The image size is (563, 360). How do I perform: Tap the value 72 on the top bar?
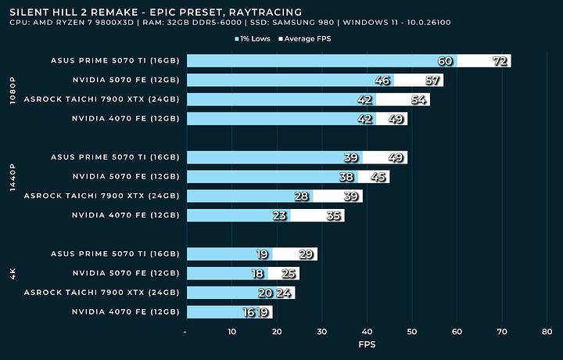click(500, 61)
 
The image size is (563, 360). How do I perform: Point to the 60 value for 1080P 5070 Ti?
click(446, 61)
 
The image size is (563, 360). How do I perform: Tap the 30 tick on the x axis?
click(322, 332)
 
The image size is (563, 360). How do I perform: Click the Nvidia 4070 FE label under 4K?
click(125, 311)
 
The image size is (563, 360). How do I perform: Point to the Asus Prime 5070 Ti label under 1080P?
click(115, 61)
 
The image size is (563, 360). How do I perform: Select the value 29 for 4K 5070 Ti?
click(307, 254)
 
